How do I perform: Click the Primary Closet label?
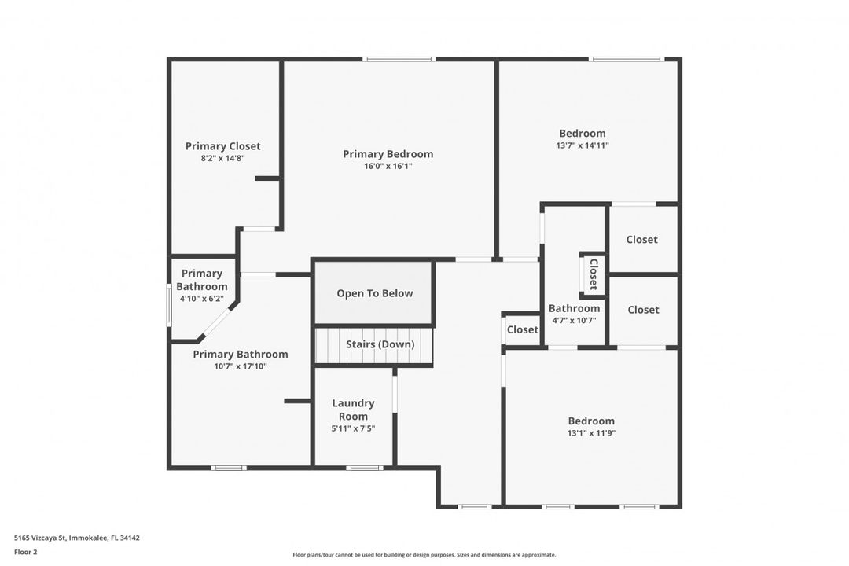tap(222, 146)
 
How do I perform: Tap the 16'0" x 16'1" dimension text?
tap(388, 167)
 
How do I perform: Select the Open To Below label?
tap(375, 293)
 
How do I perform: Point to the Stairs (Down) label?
tap(380, 344)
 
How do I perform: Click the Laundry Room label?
tap(353, 410)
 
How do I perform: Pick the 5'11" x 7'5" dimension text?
tap(353, 428)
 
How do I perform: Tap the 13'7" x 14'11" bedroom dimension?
tap(582, 145)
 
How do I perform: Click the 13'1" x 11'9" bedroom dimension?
tap(591, 433)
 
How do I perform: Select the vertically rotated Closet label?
tap(594, 274)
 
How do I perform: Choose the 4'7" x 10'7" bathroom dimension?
tap(574, 321)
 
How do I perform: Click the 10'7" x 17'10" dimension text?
tap(241, 366)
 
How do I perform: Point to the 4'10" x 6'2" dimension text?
tap(201, 299)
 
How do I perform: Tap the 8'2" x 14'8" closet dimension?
tap(222, 159)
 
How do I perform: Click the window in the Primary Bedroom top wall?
tap(399, 59)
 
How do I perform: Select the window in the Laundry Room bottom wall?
tap(365, 468)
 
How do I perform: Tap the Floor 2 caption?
tap(25, 553)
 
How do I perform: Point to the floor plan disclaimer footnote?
tap(424, 555)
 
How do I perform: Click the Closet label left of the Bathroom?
tap(523, 330)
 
